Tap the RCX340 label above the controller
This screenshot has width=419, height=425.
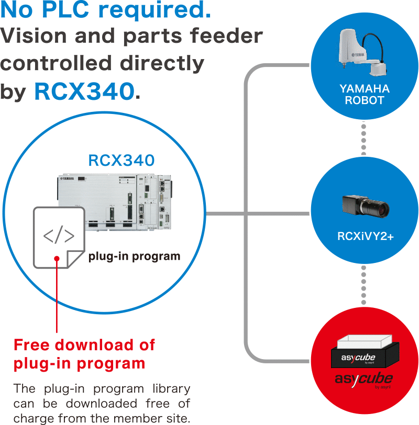click(121, 160)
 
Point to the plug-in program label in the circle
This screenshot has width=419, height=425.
click(134, 257)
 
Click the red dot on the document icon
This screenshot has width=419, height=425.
click(57, 258)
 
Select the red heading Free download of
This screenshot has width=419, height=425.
click(84, 345)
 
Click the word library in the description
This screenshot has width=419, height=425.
click(171, 389)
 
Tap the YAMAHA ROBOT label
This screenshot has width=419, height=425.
click(365, 95)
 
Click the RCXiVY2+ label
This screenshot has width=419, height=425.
click(365, 237)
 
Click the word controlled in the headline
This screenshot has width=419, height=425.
click(52, 63)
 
